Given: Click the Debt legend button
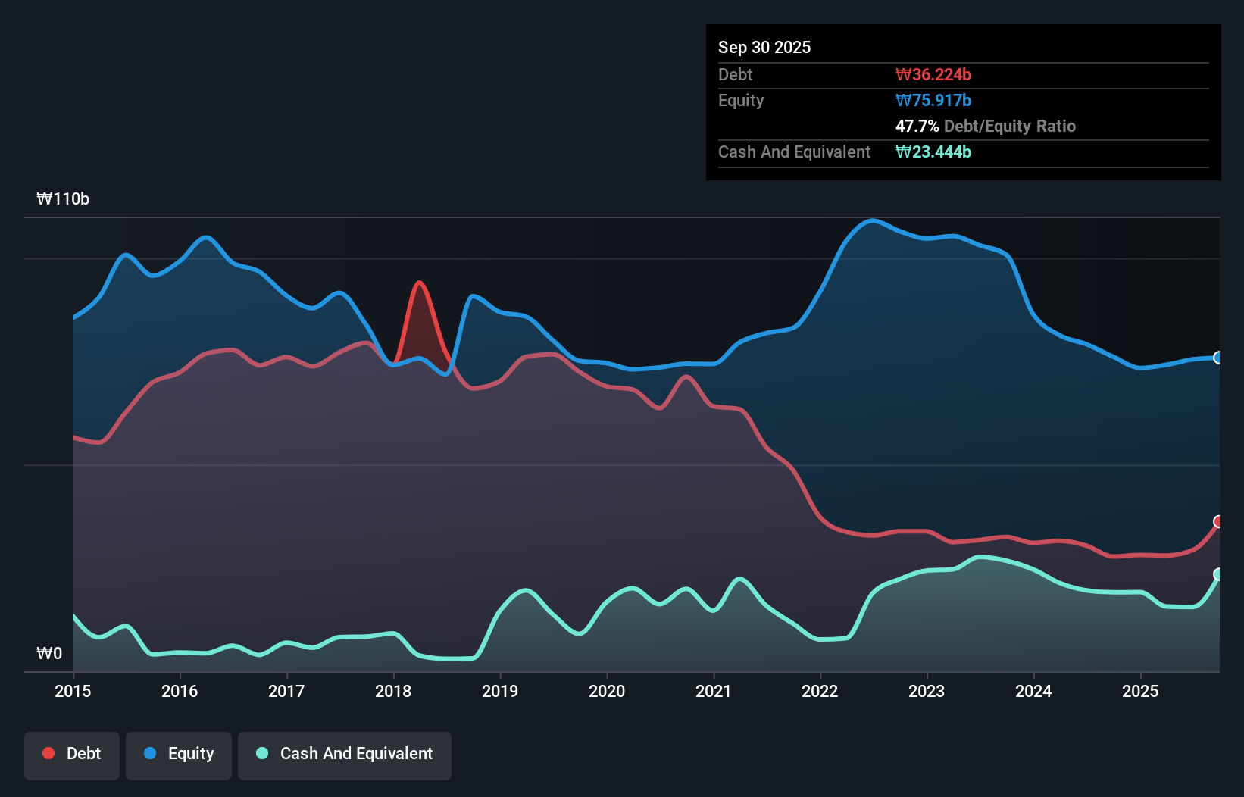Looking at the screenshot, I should click(72, 754).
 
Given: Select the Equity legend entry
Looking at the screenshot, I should click(179, 754).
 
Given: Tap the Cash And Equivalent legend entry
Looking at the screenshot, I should click(345, 754).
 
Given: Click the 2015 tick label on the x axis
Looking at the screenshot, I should click(73, 691).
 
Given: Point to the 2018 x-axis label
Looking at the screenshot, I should click(393, 691).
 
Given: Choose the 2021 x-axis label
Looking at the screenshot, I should click(714, 691).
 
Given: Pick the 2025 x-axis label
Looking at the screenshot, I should click(1140, 691).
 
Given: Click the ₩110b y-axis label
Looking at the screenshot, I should click(63, 199).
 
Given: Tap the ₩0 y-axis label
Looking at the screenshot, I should click(49, 654).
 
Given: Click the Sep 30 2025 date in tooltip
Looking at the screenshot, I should click(764, 47).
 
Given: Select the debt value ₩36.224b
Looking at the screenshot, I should click(933, 74).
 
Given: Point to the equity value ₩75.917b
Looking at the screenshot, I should click(933, 100).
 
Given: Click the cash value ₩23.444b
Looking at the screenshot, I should click(933, 152).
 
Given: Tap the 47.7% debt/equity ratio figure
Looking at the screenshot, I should click(917, 126).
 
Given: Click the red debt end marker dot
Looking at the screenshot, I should click(1218, 521).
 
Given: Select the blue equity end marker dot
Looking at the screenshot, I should click(1218, 358).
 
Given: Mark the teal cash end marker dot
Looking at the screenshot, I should click(1218, 574).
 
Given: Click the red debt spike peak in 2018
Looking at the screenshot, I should click(419, 283).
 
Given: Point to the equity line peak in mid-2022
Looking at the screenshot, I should click(873, 220).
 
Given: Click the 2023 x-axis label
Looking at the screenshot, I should click(927, 691).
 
